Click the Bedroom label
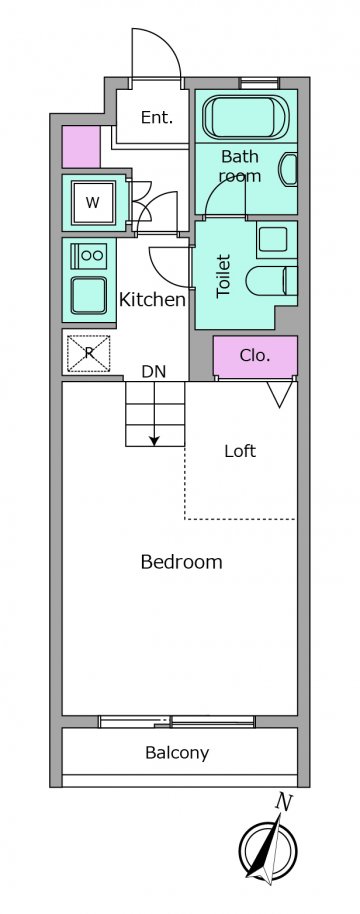(x=182, y=562)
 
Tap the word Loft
(x=240, y=451)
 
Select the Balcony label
(x=177, y=753)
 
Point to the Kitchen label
(x=152, y=300)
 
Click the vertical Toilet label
(x=224, y=276)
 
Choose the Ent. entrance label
(x=157, y=118)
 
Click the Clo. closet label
(x=255, y=355)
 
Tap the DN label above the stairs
(x=154, y=372)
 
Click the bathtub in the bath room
(x=246, y=118)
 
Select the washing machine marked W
(x=93, y=203)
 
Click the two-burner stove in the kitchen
(x=89, y=256)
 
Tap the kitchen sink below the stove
(x=89, y=295)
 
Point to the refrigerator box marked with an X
(x=89, y=353)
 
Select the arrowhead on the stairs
(x=154, y=441)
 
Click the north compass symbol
(x=269, y=852)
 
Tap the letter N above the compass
(x=284, y=803)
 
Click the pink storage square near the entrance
(x=81, y=147)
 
